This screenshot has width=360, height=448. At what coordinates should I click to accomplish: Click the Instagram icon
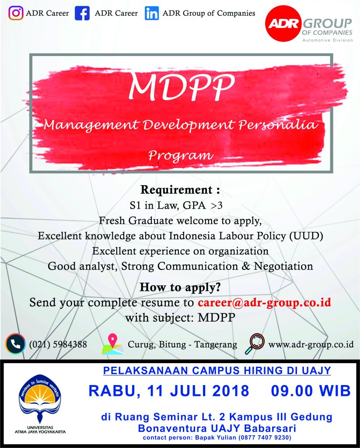point(16,13)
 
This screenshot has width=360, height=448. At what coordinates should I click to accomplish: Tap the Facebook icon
point(82,13)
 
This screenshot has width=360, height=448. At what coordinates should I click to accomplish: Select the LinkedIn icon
point(151,13)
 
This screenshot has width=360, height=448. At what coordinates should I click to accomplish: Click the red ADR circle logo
point(284,24)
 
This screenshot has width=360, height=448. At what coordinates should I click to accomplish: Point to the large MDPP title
point(182,86)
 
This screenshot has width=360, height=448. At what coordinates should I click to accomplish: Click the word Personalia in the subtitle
point(278,125)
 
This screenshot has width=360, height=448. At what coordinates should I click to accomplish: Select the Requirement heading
point(180,190)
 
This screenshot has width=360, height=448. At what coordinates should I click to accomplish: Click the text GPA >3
point(203,205)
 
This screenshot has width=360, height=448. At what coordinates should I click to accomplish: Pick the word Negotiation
point(283,266)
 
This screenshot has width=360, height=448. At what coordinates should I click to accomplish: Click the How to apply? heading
point(180,287)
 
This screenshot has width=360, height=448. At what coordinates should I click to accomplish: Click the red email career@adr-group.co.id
point(264,302)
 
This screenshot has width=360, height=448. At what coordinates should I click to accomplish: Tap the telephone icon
point(16,344)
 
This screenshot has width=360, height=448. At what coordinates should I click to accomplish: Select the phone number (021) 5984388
point(58,344)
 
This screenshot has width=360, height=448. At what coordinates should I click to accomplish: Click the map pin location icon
point(113,344)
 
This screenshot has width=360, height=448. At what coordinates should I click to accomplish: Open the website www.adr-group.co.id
point(311,345)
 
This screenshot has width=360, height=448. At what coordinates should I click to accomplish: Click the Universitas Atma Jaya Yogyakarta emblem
point(40,399)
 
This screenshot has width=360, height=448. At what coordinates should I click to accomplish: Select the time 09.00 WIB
point(311,391)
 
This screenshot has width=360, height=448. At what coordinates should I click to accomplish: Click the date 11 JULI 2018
point(198,391)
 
